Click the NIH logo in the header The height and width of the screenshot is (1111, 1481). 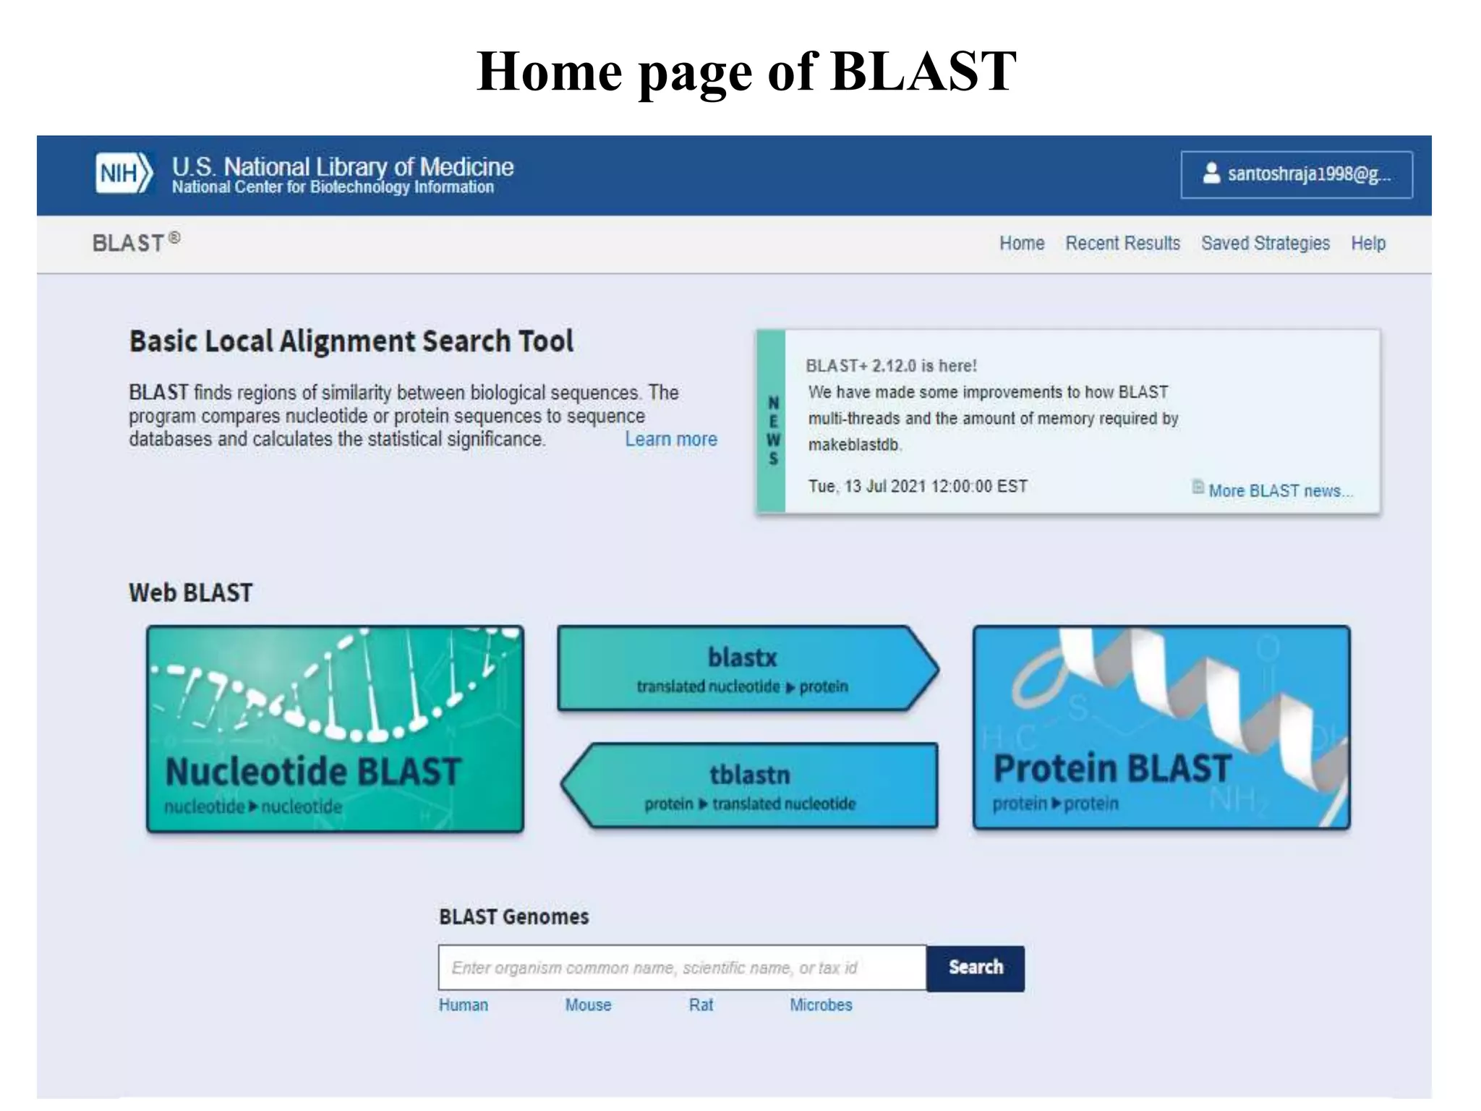(124, 174)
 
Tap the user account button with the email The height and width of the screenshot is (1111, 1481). (1296, 174)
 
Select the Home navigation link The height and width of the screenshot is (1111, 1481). (1021, 243)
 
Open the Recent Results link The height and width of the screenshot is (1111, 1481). (1122, 243)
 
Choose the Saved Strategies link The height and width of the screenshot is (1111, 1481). (1265, 243)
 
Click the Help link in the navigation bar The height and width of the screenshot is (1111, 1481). (1368, 243)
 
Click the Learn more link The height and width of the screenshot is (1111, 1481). (671, 439)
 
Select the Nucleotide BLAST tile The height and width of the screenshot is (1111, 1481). (335, 728)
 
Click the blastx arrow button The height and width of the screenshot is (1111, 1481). (745, 669)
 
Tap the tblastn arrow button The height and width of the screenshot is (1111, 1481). (751, 786)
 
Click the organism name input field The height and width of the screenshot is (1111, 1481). (681, 968)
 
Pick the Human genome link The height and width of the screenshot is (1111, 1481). (464, 1005)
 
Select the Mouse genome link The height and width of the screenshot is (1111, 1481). (588, 1005)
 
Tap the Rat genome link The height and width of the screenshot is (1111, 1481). (701, 1005)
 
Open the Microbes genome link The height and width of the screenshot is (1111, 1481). (821, 1005)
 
